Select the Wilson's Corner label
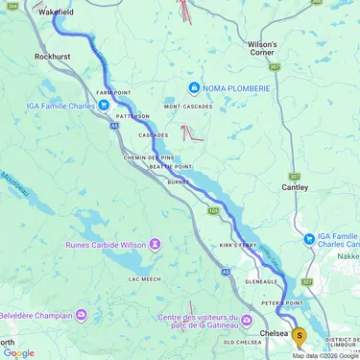point(262,49)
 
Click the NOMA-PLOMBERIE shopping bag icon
point(195,88)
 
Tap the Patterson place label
point(133,115)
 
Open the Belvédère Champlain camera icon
point(82,314)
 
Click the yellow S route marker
point(300,336)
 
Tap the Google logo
point(19,352)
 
